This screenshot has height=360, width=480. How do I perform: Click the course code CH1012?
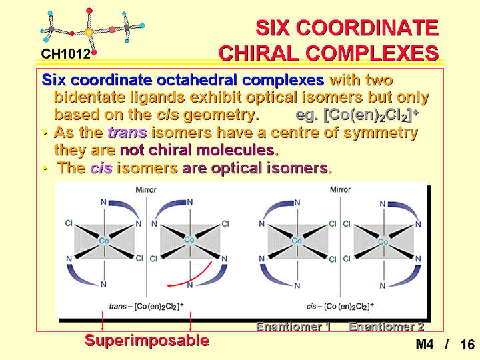[x=65, y=54]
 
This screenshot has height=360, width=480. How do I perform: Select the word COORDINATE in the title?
[x=367, y=27]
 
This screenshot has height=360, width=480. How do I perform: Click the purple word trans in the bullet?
[x=127, y=133]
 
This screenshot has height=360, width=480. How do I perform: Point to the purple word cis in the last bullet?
[x=101, y=168]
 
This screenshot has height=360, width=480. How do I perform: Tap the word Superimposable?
[x=147, y=340]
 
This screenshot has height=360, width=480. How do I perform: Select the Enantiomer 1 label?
[x=293, y=327]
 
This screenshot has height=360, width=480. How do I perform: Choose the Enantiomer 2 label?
[x=386, y=327]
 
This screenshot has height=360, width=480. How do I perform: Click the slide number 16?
[x=467, y=345]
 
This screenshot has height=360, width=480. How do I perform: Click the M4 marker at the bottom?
[x=425, y=345]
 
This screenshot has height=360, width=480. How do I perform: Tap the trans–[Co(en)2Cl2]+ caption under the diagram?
[x=146, y=306]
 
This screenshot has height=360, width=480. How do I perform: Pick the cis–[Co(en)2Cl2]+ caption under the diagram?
[x=340, y=306]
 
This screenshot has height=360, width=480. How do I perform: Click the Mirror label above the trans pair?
[x=146, y=190]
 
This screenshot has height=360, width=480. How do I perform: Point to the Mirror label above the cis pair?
[x=340, y=190]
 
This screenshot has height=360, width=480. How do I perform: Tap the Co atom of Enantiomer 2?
[x=383, y=242]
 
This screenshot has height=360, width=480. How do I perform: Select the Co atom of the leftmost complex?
[x=104, y=241]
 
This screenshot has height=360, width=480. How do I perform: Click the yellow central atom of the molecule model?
[x=89, y=32]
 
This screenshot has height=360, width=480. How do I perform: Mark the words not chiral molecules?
[x=199, y=150]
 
